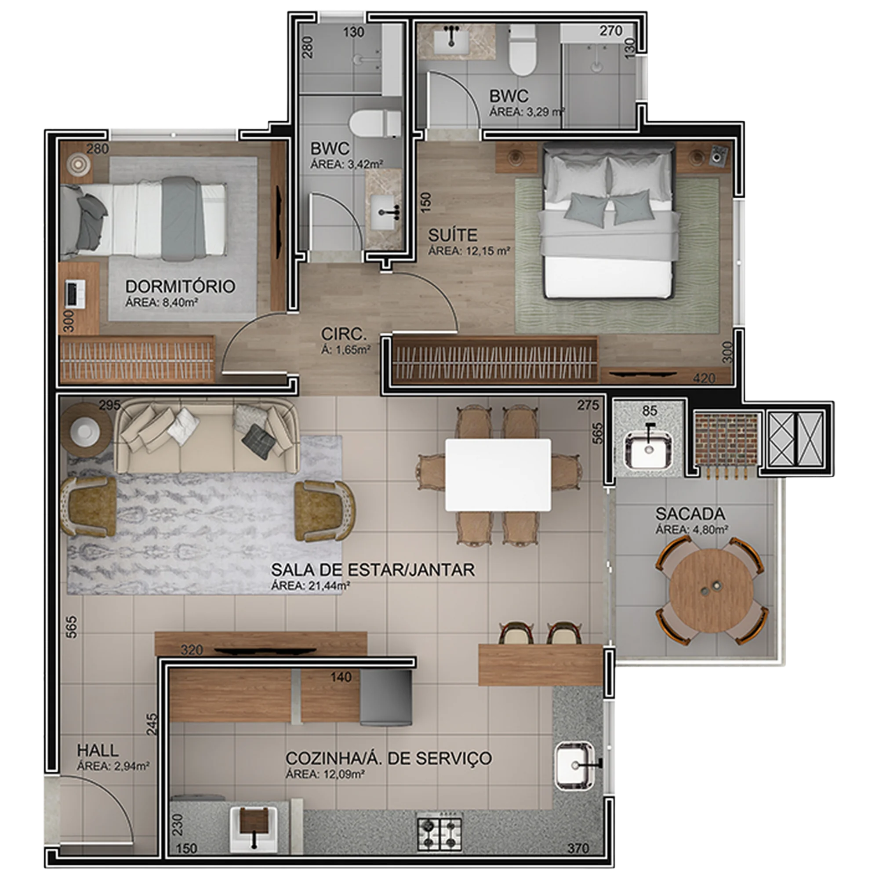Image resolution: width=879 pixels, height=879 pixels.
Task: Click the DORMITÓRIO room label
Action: [x=180, y=286]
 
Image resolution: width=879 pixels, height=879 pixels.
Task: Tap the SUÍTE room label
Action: [x=453, y=235]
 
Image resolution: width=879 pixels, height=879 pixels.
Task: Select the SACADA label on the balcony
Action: [x=690, y=514]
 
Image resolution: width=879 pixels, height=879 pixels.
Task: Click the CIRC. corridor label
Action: [x=344, y=334]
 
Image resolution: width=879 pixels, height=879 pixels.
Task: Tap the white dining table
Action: [x=498, y=475]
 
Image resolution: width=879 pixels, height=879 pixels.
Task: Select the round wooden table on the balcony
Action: [x=711, y=590]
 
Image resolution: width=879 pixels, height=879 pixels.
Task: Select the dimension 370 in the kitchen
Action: [x=579, y=848]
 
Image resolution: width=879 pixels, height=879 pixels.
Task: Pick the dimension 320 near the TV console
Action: [x=192, y=650]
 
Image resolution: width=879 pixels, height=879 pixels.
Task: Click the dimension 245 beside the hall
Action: [x=153, y=724]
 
